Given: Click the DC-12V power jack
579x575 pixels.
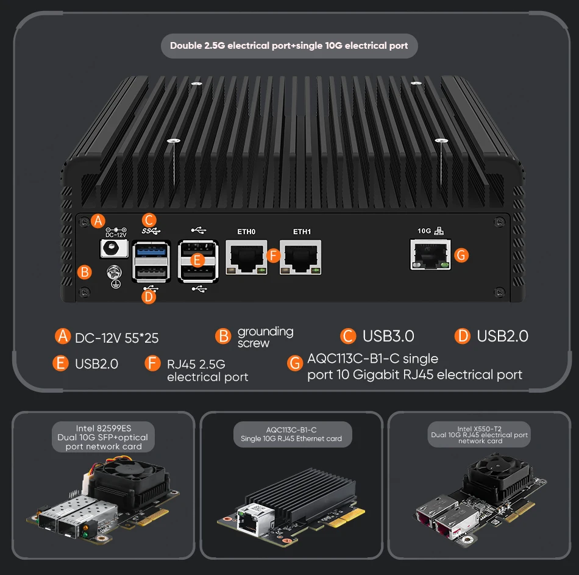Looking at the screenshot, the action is tap(115, 248).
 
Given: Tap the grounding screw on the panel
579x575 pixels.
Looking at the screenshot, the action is tap(114, 273).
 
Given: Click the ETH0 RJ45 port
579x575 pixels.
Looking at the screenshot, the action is tap(246, 257).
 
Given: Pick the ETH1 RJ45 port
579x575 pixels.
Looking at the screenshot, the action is tap(300, 257).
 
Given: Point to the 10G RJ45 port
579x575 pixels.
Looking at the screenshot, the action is tap(430, 255).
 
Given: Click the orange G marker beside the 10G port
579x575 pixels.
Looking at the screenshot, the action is tap(461, 255).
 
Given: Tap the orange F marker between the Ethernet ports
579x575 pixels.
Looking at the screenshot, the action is tap(273, 255).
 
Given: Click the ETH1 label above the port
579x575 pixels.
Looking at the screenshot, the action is tap(302, 232).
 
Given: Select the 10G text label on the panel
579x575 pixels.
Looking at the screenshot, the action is tap(424, 231).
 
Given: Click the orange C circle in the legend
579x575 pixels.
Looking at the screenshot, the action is tap(348, 336).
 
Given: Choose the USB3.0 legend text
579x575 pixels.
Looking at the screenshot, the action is tap(388, 336).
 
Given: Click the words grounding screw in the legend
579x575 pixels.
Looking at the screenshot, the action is tap(266, 337).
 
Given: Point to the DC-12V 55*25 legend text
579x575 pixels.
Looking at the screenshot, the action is tap(116, 338).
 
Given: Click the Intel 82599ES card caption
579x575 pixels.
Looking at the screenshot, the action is tap(104, 437).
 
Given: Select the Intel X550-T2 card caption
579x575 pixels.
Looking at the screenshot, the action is tap(479, 435).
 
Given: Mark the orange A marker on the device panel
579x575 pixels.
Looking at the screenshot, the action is tap(98, 221).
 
